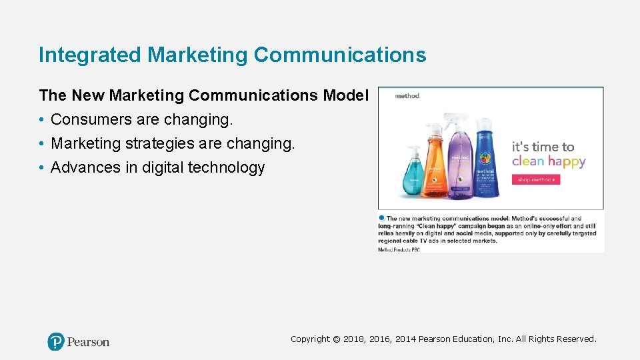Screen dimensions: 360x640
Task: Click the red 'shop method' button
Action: point(536,179)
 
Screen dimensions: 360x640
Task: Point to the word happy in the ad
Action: point(567,162)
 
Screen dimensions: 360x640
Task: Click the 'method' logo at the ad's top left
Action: point(407,96)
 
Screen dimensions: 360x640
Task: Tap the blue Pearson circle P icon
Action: point(56,342)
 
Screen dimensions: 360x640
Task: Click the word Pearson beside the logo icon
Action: point(88,342)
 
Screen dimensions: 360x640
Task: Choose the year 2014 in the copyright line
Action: point(404,339)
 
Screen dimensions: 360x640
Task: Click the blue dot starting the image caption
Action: point(382,217)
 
